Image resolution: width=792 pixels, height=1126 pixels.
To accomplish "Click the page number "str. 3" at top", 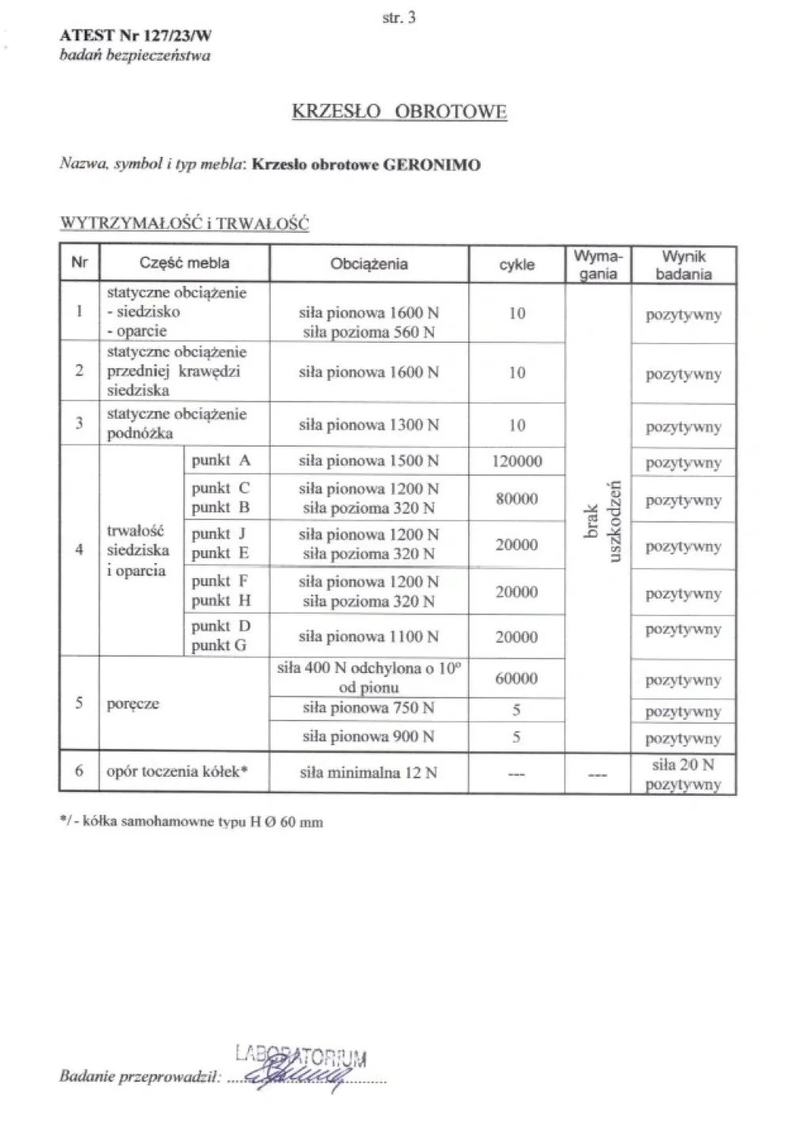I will [x=398, y=17].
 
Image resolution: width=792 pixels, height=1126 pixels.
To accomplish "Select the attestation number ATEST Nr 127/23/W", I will [x=135, y=36].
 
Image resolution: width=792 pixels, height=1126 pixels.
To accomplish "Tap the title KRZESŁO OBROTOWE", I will [x=399, y=111].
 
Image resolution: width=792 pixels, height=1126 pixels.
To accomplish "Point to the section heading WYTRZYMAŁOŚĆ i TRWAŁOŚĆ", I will [x=185, y=223].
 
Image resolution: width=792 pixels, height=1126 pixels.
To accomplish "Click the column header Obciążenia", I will [x=369, y=264].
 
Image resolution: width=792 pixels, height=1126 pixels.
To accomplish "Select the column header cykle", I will [x=516, y=264].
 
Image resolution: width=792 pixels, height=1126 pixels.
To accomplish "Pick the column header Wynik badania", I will [x=683, y=265].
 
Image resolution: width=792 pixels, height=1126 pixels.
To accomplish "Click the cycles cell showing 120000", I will [x=516, y=461].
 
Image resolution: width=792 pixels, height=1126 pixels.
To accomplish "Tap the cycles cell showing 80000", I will [x=516, y=499].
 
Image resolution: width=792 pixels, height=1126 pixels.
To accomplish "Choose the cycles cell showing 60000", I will [x=516, y=679].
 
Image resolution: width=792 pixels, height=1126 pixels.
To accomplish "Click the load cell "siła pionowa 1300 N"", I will [x=369, y=425].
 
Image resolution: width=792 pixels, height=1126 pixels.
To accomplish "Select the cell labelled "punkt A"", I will [x=221, y=460].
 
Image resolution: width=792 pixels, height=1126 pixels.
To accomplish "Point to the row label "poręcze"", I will [x=133, y=704].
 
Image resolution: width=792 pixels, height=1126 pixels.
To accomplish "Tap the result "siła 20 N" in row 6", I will [x=683, y=765].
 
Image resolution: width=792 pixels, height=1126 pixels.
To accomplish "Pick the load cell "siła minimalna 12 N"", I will [x=369, y=772].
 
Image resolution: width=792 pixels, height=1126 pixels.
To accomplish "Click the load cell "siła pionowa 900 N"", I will [x=369, y=736].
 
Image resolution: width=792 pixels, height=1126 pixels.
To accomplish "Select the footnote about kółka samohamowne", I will [x=192, y=821].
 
